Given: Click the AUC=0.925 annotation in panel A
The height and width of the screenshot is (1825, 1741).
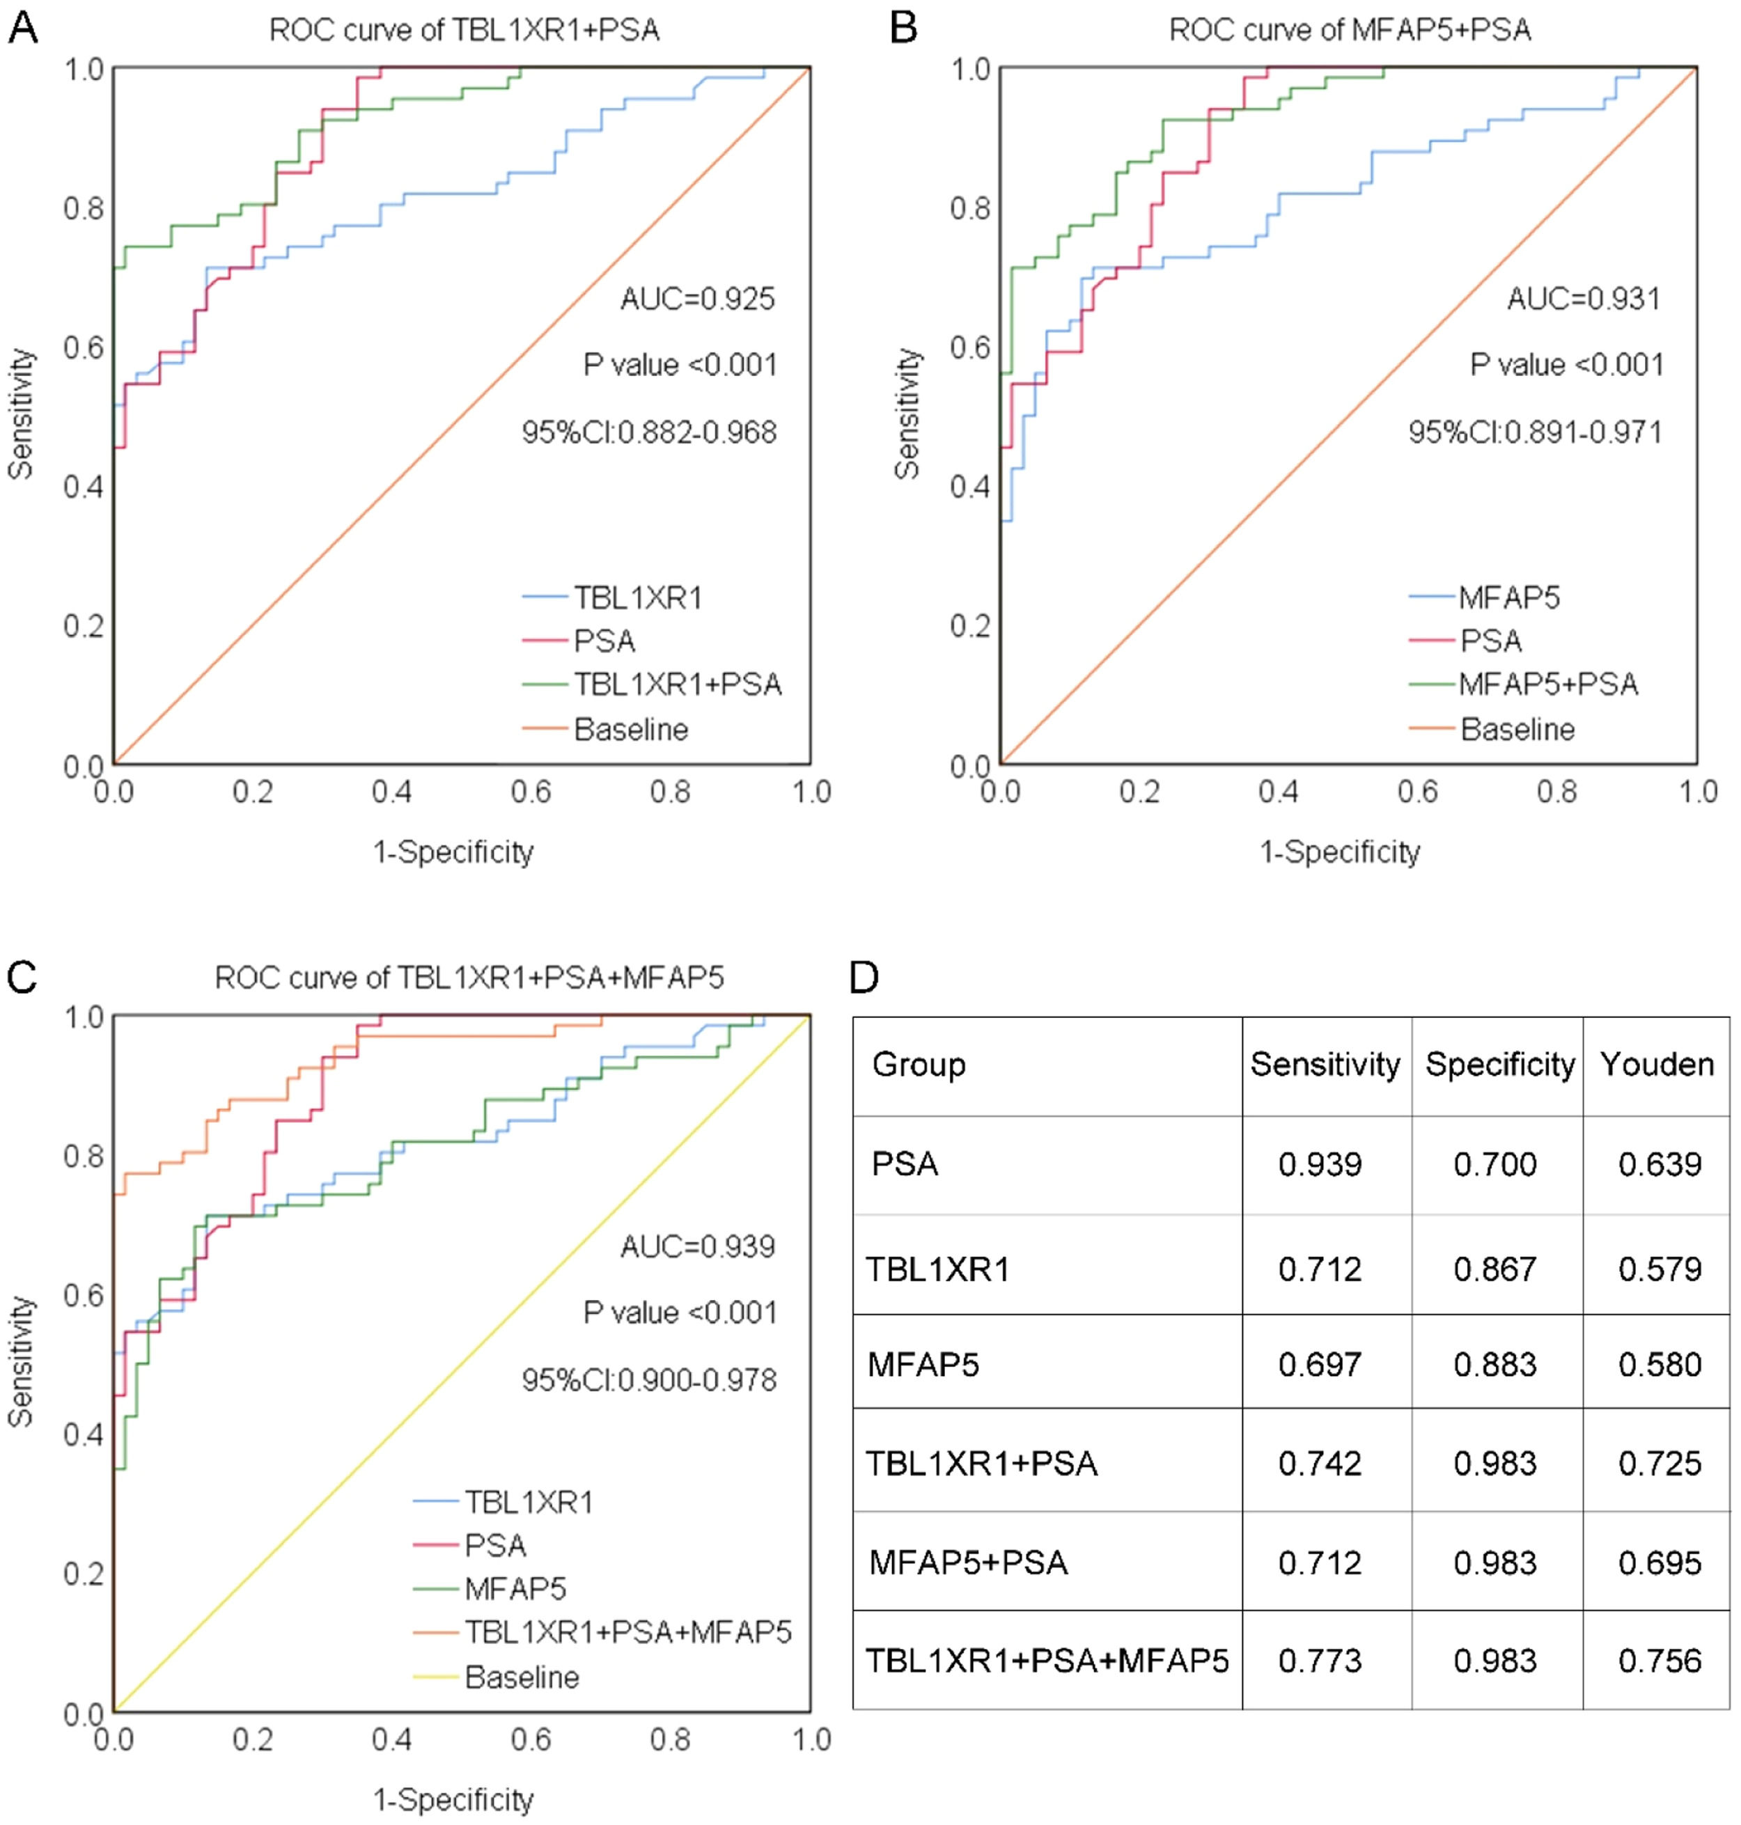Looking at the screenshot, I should [x=697, y=299].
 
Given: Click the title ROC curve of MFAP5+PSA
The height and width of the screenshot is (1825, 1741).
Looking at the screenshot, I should [x=1350, y=31].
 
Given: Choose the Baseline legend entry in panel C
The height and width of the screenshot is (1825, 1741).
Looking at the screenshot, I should [x=522, y=1677].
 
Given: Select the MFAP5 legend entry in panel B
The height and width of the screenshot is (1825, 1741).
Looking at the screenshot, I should [x=1509, y=597].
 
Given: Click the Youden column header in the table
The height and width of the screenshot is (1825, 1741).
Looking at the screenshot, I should [x=1657, y=1064].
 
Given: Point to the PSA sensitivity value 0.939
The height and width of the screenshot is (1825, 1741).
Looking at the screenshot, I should [x=1320, y=1164].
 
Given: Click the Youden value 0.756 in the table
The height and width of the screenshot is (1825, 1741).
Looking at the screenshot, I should [x=1660, y=1660].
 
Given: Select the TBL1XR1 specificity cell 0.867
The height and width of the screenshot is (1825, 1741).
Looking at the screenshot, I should [x=1495, y=1269].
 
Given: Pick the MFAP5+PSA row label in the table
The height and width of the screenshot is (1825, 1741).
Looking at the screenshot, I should [x=968, y=1562].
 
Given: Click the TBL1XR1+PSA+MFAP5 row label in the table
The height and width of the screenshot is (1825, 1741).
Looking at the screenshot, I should [x=1047, y=1660].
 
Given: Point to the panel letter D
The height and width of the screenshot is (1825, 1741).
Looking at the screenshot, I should [x=864, y=977].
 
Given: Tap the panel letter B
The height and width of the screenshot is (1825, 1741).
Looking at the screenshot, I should [x=903, y=28].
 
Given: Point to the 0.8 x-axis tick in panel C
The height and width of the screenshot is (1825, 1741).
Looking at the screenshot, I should [x=670, y=1739].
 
